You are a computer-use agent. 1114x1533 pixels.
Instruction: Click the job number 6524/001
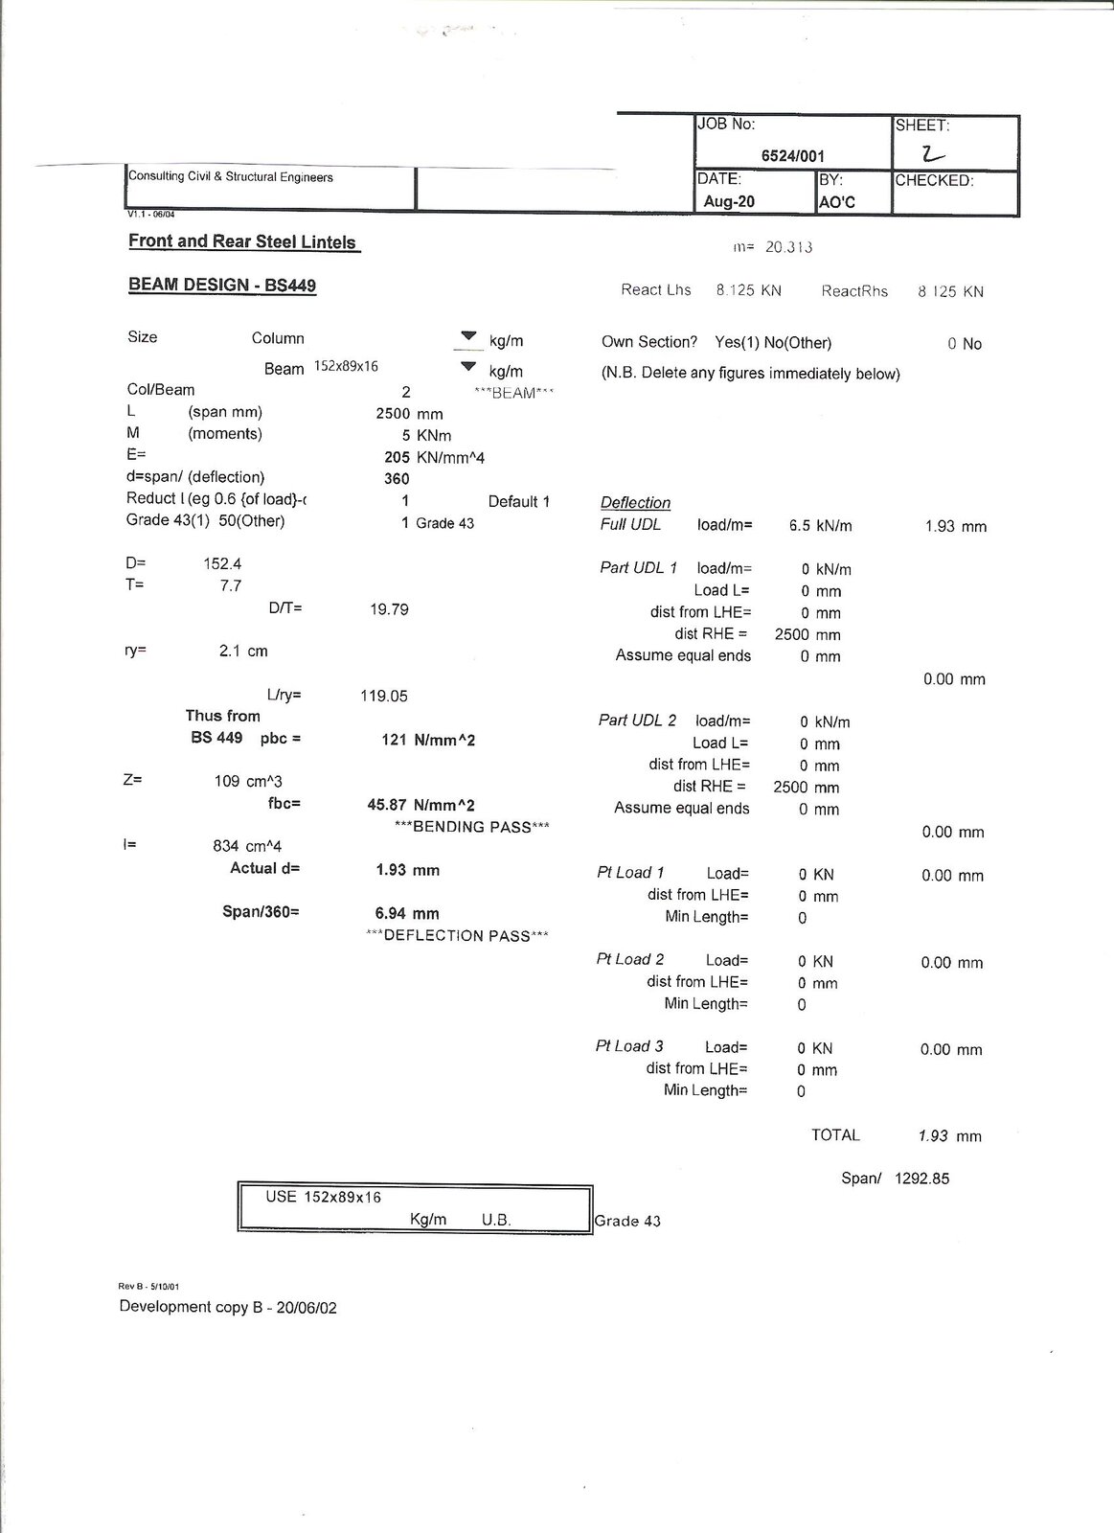(x=792, y=156)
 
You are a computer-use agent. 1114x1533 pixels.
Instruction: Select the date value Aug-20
(x=729, y=201)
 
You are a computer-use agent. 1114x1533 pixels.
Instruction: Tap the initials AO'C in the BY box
(x=837, y=202)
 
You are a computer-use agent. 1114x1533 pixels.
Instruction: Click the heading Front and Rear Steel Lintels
(x=242, y=241)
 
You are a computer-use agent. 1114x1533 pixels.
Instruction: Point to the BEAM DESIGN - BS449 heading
(x=222, y=286)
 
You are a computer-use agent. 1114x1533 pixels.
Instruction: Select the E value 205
(x=397, y=458)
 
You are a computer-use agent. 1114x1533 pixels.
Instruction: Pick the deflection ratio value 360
(x=397, y=479)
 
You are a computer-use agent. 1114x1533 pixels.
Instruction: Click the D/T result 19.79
(x=389, y=609)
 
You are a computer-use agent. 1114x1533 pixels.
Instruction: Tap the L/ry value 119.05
(x=384, y=697)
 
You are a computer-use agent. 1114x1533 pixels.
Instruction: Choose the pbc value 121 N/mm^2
(x=428, y=740)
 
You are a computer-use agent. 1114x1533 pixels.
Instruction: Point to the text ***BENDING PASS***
(x=472, y=827)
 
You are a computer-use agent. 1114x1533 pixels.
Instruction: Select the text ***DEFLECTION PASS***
(x=458, y=936)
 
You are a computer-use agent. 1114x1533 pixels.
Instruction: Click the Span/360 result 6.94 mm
(x=407, y=914)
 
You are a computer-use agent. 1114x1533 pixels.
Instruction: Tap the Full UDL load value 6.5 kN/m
(x=820, y=526)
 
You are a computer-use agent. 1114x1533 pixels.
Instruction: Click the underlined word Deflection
(x=635, y=503)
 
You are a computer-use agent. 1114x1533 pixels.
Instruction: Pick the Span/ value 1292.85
(x=921, y=1178)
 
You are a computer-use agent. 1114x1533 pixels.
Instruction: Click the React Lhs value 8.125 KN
(x=748, y=290)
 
